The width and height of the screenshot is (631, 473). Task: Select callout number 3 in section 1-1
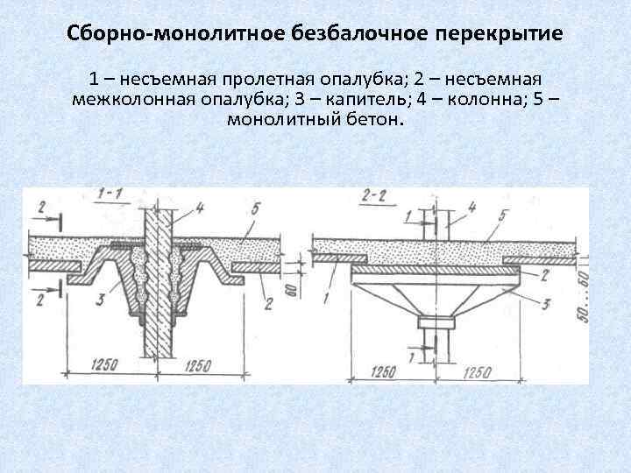coord(101,300)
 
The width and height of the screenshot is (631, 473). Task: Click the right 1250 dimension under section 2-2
coord(476,371)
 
